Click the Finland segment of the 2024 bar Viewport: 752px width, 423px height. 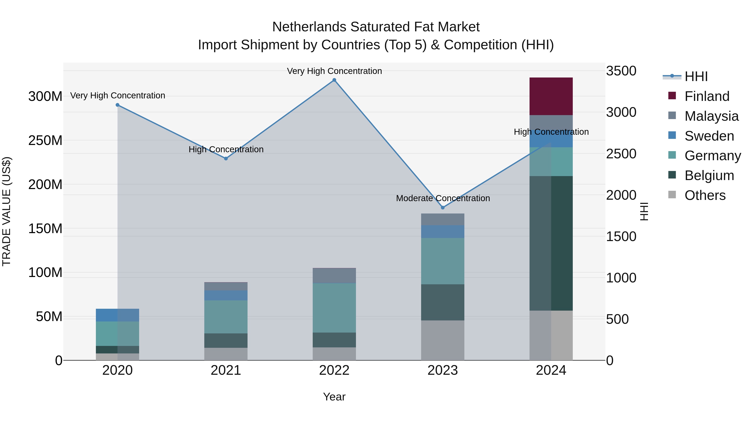(x=551, y=96)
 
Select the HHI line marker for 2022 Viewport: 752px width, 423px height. (x=334, y=80)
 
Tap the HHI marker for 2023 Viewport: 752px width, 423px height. (x=443, y=208)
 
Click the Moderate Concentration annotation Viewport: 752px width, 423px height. (x=443, y=198)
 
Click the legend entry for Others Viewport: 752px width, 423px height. (x=705, y=195)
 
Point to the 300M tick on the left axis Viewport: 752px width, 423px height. (x=45, y=96)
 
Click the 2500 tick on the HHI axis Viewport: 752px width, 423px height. (x=621, y=154)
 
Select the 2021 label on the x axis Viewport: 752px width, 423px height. (x=226, y=370)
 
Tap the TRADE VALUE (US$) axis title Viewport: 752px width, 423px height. (x=7, y=211)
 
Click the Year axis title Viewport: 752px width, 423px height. (x=334, y=397)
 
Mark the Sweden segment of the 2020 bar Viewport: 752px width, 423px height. (x=117, y=315)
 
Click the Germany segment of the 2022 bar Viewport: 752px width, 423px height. (x=334, y=308)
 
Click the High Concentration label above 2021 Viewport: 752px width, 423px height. (x=226, y=150)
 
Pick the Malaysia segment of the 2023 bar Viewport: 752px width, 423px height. (x=443, y=219)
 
